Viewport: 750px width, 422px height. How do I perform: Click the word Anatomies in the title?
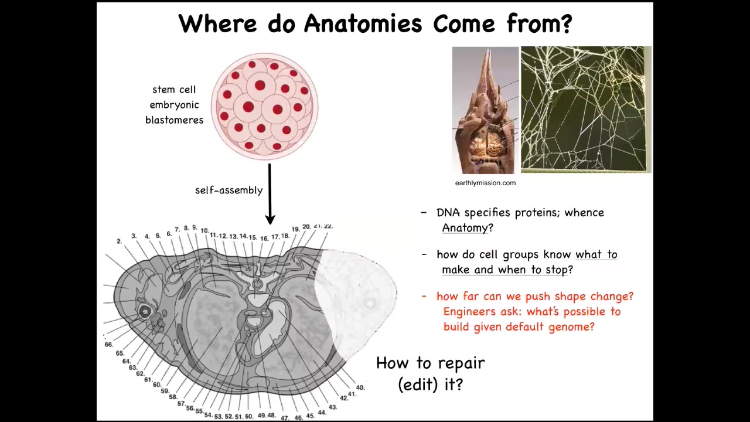363,23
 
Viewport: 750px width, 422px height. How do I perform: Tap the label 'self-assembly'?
229,190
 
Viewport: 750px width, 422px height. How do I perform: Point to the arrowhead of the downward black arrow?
270,219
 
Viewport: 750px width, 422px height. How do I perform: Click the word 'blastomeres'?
174,120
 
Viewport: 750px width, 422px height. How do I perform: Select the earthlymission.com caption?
485,183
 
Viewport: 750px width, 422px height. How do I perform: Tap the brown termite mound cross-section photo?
486,110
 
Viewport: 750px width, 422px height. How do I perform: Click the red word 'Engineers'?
469,312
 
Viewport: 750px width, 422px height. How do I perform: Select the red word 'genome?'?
571,327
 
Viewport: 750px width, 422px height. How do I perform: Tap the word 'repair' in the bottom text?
461,363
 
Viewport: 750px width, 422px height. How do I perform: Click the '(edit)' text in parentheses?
418,384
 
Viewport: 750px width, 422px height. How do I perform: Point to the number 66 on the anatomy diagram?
109,344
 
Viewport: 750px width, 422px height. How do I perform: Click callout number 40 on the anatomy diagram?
360,387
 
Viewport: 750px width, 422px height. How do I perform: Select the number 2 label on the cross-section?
119,241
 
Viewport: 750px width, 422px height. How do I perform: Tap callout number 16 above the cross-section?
264,239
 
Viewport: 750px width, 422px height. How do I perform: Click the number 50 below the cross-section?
249,416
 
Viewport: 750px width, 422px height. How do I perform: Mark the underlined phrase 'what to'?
596,254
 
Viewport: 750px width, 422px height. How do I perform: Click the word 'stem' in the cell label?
163,90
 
